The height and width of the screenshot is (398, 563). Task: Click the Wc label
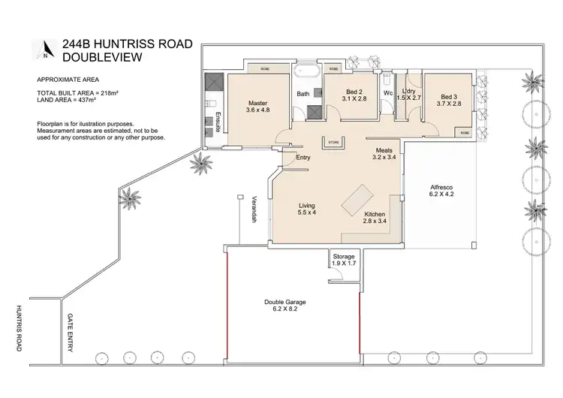[388, 94]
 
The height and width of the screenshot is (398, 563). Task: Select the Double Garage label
[286, 305]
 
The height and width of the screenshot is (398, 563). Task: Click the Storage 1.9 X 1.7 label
[344, 261]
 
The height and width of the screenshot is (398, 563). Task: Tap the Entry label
[303, 158]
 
